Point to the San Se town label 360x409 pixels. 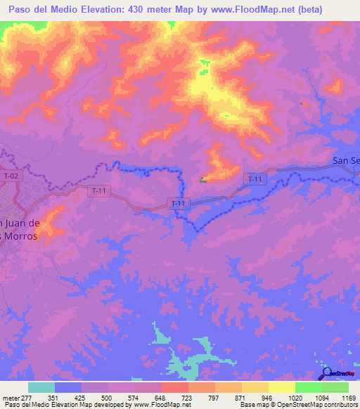[345, 161]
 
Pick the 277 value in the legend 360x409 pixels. [27, 397]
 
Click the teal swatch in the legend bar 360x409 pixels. [41, 387]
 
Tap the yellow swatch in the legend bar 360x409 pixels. [281, 387]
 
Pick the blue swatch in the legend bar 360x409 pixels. [67, 387]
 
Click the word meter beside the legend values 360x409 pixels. [10, 397]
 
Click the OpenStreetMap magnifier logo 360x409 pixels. [327, 373]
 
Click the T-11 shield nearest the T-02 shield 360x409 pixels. [99, 190]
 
